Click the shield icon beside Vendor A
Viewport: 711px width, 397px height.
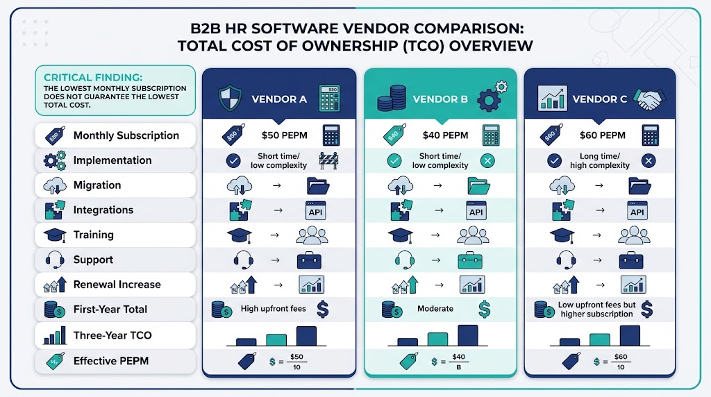[x=230, y=98]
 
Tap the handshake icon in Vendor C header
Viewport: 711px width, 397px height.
[x=649, y=99]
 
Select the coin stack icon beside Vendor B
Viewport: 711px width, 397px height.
[x=392, y=98]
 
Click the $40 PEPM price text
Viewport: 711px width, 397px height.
[x=445, y=135]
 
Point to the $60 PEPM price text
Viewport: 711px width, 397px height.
[x=602, y=135]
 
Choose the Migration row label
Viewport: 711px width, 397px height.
[x=97, y=185]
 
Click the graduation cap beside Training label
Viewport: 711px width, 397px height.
[x=55, y=235]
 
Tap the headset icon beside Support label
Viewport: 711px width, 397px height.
[x=54, y=260]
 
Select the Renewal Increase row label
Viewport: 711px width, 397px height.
[x=117, y=285]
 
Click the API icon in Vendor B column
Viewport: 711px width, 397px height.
[x=476, y=211]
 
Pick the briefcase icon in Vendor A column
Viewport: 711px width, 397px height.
[x=309, y=260]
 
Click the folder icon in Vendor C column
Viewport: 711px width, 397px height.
[x=639, y=186]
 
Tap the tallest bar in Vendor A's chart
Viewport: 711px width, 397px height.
[x=306, y=337]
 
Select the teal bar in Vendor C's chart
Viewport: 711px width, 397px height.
[x=599, y=340]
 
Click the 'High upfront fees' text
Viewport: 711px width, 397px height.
[x=274, y=309]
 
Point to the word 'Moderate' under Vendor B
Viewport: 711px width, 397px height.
[x=435, y=309]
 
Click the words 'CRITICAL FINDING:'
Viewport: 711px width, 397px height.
[x=93, y=78]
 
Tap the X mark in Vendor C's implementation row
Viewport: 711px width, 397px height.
[x=649, y=161]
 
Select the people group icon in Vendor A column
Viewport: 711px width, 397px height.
[x=312, y=235]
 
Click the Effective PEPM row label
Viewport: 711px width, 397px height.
[x=111, y=361]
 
